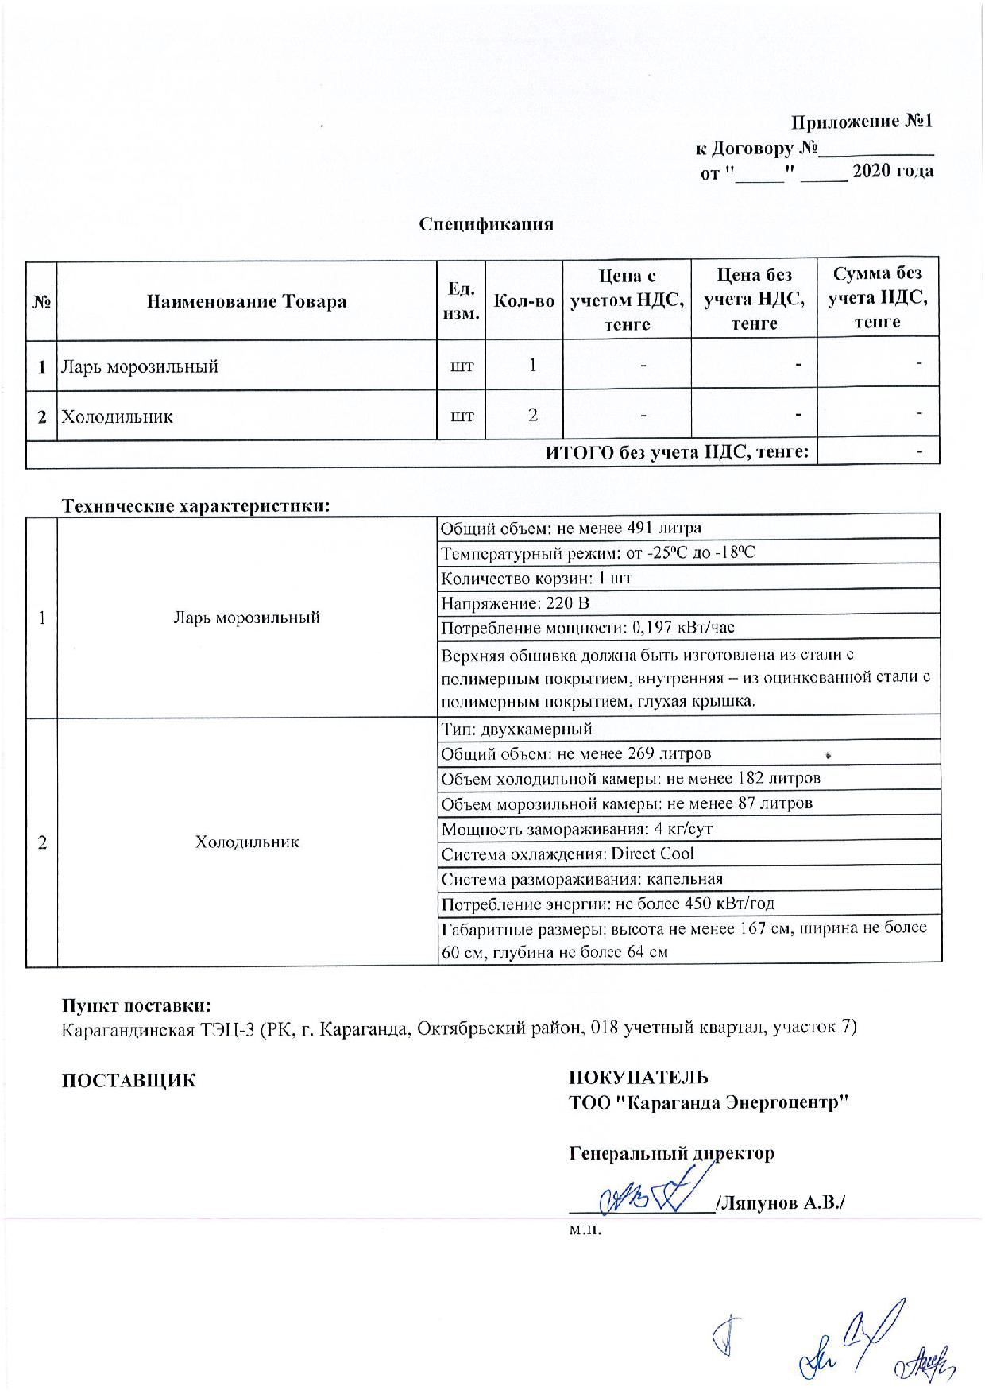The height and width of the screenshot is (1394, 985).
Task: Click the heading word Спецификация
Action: [x=486, y=223]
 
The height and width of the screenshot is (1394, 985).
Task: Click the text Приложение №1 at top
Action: [x=861, y=121]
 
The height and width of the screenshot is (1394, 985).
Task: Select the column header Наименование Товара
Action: [x=246, y=301]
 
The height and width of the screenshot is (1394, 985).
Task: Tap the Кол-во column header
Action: [x=523, y=301]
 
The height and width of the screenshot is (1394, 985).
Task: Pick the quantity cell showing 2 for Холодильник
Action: [x=532, y=415]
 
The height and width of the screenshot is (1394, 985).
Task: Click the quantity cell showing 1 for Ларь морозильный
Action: [x=532, y=365]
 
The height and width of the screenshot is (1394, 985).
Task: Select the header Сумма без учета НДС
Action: [x=878, y=298]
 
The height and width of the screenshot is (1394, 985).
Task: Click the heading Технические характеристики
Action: [x=195, y=505]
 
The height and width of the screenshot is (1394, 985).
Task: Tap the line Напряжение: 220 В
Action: [x=516, y=603]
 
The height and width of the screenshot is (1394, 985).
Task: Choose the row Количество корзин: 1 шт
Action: [x=536, y=578]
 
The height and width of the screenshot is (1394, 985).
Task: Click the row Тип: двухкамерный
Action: [x=517, y=729]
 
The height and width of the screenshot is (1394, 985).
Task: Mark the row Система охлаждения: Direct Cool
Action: [x=568, y=854]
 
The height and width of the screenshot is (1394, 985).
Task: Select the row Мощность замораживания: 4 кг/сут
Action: [x=577, y=828]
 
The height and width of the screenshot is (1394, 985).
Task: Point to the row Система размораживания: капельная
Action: [x=582, y=879]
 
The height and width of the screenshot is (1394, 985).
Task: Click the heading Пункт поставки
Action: [x=136, y=1005]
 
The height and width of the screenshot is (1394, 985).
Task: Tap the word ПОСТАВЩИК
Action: [x=129, y=1080]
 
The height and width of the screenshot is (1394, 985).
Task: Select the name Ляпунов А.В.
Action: [x=780, y=1203]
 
